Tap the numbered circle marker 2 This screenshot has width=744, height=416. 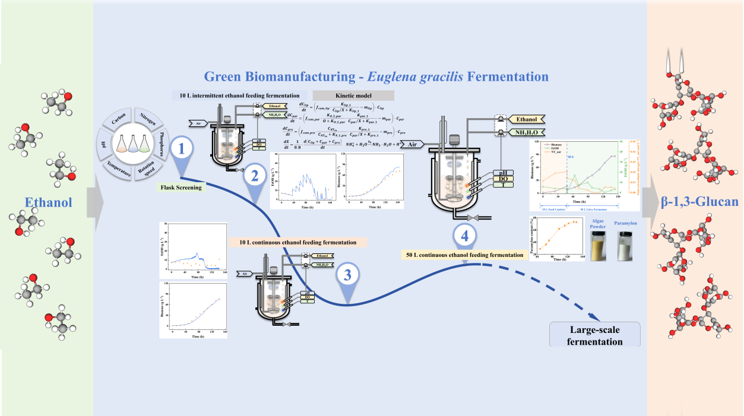(254, 176)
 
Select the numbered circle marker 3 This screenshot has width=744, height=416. (347, 275)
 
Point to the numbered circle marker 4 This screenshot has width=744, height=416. (466, 236)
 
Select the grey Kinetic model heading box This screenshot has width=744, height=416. (353, 96)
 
